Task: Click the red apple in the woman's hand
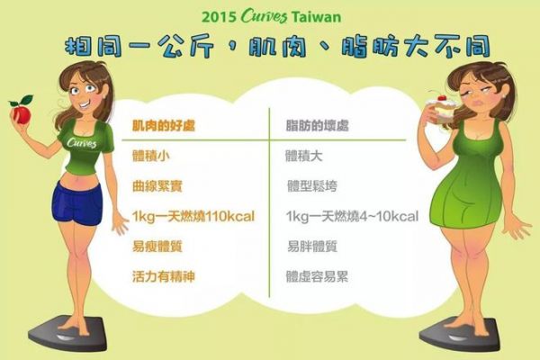(x=21, y=112)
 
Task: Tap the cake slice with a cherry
(x=437, y=110)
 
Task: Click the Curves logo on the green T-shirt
(x=82, y=142)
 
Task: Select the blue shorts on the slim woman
(x=77, y=203)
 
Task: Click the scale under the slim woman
(x=67, y=332)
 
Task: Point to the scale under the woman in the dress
(x=459, y=334)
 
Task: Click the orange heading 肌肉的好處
(x=164, y=126)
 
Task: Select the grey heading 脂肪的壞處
(x=317, y=126)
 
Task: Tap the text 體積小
(x=151, y=156)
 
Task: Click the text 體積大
(x=304, y=156)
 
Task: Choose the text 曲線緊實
(x=157, y=186)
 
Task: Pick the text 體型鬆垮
(x=312, y=186)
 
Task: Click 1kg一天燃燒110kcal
(x=193, y=217)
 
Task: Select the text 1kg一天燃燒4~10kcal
(x=352, y=217)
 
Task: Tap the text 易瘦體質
(x=157, y=247)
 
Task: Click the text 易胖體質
(x=312, y=247)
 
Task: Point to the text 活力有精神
(x=164, y=276)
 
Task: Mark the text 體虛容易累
(x=317, y=276)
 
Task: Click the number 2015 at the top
(x=219, y=17)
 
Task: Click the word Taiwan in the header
(x=316, y=17)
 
